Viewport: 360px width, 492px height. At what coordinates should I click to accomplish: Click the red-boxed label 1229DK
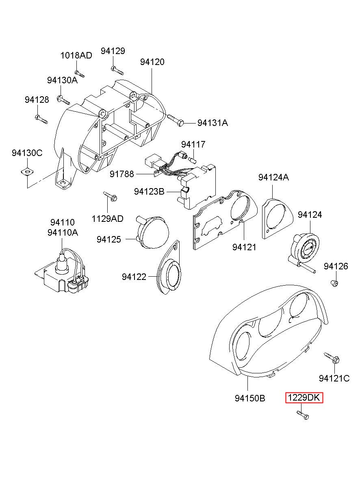tap(304, 398)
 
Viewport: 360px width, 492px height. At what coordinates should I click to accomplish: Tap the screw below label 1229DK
tap(303, 415)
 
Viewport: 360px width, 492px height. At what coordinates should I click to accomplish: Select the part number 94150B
tap(250, 398)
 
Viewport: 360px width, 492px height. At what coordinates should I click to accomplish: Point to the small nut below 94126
tap(334, 283)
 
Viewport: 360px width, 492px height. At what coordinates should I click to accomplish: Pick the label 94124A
tap(273, 177)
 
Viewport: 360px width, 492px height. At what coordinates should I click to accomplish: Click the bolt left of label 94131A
tap(175, 120)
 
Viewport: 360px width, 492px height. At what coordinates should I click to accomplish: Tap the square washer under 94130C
tap(27, 171)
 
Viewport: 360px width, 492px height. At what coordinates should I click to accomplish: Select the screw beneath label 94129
tap(117, 70)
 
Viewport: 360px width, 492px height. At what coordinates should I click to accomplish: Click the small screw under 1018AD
tap(80, 74)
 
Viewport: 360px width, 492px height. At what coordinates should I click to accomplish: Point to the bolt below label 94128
tap(41, 119)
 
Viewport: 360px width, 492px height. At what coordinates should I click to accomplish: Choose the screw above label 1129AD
tap(110, 196)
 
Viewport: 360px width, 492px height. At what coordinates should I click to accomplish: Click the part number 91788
tap(121, 174)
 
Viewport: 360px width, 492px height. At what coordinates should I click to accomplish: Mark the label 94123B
tap(149, 191)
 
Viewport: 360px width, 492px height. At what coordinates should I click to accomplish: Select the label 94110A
tap(63, 233)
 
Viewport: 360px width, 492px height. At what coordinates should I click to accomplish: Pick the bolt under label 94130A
tap(63, 100)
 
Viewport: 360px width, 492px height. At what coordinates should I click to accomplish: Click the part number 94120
tap(152, 62)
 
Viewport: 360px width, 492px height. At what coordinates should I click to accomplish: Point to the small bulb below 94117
tap(193, 159)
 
